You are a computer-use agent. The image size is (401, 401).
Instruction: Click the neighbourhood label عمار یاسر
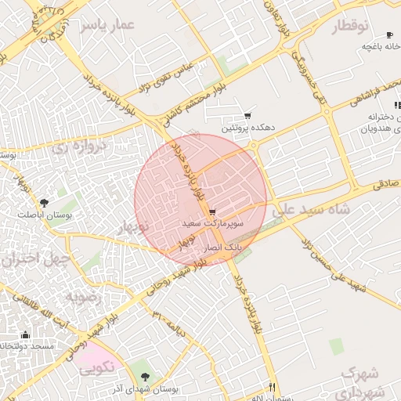[107, 27]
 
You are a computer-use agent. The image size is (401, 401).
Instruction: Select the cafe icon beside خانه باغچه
[390, 35]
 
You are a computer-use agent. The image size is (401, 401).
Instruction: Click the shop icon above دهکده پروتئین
[248, 115]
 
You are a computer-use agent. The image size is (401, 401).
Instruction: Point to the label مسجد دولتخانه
[27, 345]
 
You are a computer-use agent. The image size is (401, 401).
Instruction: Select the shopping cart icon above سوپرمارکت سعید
[212, 213]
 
